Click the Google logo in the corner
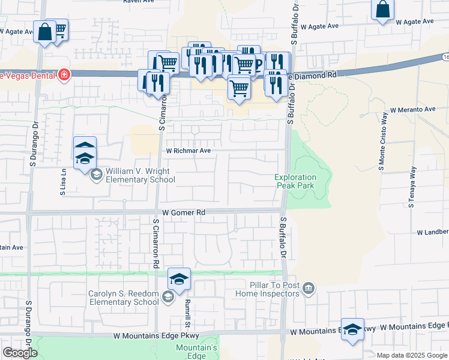[20, 353]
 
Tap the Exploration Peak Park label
[295, 181]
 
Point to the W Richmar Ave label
[188, 151]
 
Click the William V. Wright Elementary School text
[138, 175]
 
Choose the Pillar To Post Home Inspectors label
[271, 289]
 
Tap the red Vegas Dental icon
[64, 75]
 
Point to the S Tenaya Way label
[412, 187]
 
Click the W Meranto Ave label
[412, 110]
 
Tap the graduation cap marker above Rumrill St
[179, 280]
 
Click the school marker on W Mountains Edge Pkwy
[352, 329]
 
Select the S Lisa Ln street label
[62, 179]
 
